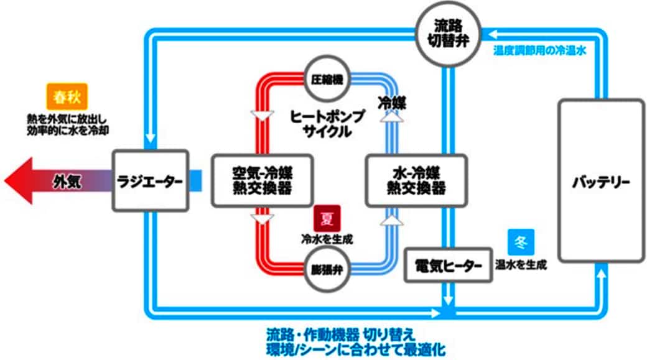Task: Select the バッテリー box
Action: pyautogui.click(x=600, y=180)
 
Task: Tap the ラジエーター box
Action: pyautogui.click(x=150, y=181)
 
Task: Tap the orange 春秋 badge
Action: pyautogui.click(x=67, y=97)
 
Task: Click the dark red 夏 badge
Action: pyautogui.click(x=326, y=218)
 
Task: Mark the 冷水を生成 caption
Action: pyautogui.click(x=326, y=238)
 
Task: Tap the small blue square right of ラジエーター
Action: pyautogui.click(x=196, y=180)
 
